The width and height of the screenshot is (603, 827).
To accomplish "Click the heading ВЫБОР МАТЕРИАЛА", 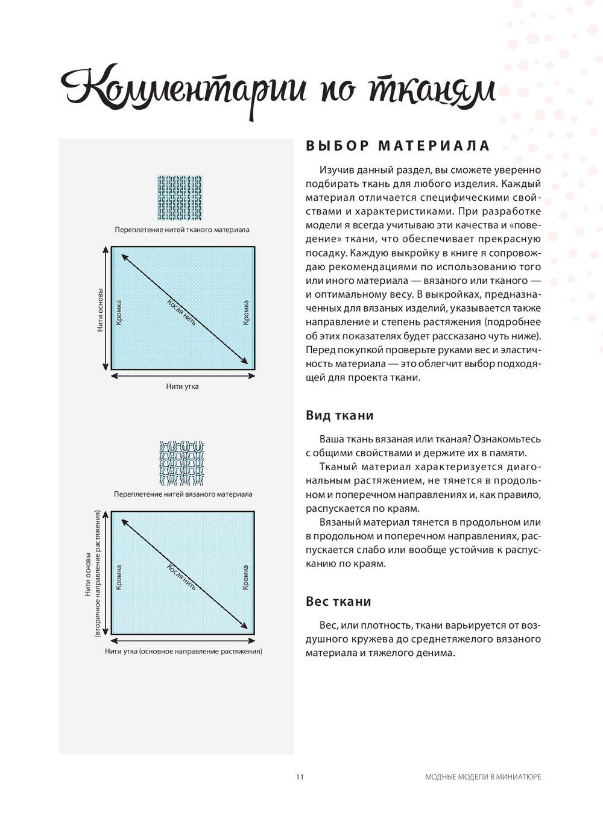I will point(398,146).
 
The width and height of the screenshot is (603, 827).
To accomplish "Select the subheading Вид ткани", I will point(339,415).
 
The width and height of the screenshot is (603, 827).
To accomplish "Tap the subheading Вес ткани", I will point(338,602).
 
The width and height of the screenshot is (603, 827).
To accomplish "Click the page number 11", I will point(300,777).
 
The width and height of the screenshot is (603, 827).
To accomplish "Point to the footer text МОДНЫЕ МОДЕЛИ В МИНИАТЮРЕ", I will point(483,777).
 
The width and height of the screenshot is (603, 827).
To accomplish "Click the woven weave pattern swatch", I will point(180,198).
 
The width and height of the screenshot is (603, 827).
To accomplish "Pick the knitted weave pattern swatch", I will point(182,464).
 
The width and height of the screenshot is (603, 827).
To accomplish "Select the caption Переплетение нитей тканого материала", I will point(182,230).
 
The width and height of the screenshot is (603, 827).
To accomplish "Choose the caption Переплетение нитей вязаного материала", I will point(183,494).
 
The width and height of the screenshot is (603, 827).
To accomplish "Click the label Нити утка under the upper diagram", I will point(182,386).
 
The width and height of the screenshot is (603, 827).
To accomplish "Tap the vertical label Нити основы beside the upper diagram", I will point(100,310).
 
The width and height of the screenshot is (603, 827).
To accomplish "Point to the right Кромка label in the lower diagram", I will point(246,577).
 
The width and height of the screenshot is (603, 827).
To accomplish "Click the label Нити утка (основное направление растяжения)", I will point(183,652).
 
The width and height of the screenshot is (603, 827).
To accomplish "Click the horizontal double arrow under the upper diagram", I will point(183,376).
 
